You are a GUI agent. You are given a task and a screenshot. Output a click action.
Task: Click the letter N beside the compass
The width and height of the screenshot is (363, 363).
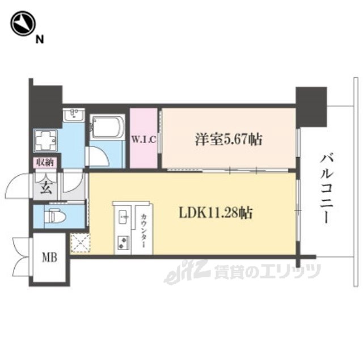click(x=39, y=39)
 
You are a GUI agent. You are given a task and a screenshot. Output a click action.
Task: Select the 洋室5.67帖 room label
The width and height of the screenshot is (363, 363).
click(x=229, y=139)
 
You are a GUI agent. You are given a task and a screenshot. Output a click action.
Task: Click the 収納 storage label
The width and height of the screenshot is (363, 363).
click(x=45, y=162)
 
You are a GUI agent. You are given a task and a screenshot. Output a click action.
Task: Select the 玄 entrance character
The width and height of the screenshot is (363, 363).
click(x=46, y=188)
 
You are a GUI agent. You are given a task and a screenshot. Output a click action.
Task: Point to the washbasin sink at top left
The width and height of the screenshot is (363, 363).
click(x=73, y=116)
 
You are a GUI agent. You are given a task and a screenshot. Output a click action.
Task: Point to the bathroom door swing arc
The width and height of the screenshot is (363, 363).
click(x=98, y=157)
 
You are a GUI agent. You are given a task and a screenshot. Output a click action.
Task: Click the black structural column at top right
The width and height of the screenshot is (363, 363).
click(x=311, y=105)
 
